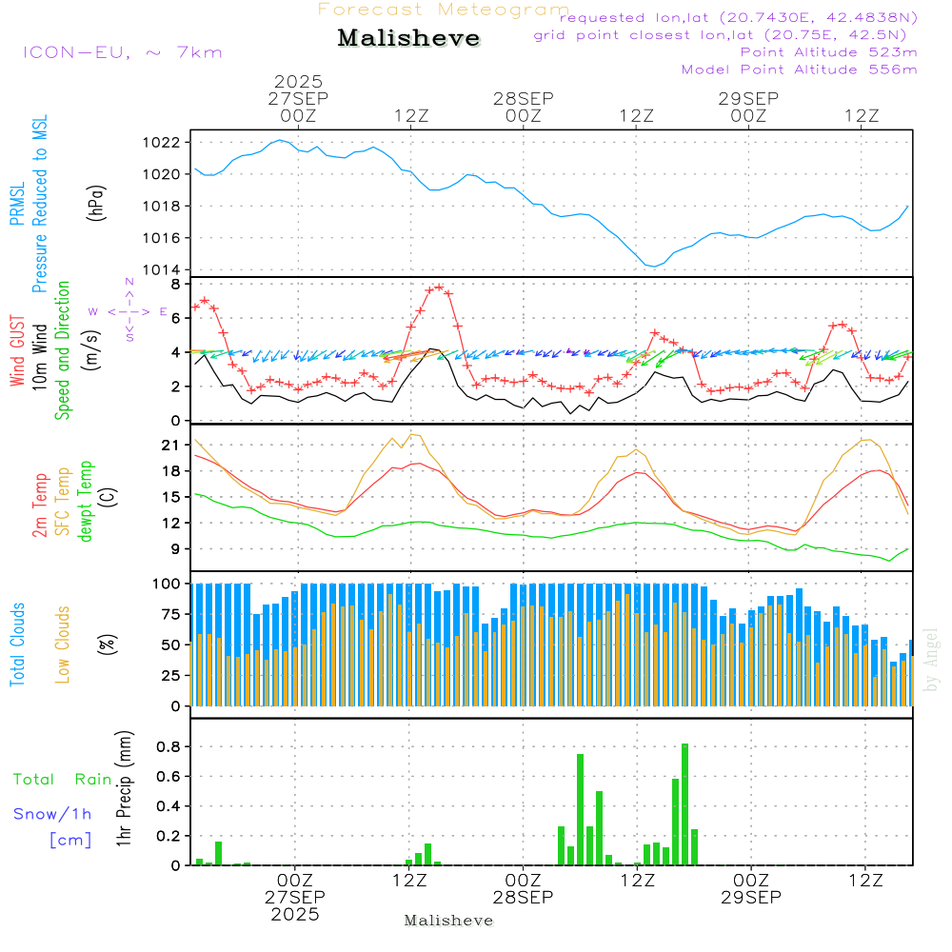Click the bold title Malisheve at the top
pos(409,39)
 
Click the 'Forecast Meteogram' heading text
pos(443,10)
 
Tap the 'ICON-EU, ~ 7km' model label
pos(122,52)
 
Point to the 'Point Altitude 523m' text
pos(828,52)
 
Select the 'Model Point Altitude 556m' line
pos(799,69)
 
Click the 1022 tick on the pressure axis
pos(166,143)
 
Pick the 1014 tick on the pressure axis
pos(166,269)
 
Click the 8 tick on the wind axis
pos(175,285)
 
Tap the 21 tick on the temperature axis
pos(171,446)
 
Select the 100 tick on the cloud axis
pos(168,584)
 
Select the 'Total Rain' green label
pos(63,779)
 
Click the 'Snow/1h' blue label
pos(53,814)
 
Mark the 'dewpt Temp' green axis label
pos(87,502)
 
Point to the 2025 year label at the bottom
pos(295,914)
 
